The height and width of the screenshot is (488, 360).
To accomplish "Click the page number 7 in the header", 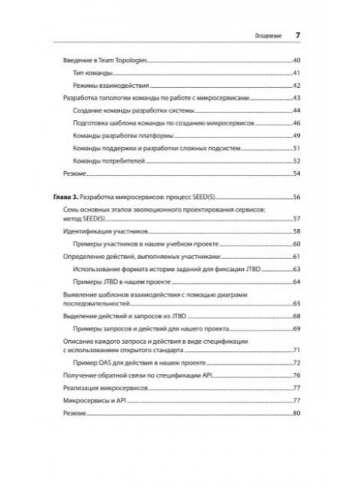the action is (x=298, y=35).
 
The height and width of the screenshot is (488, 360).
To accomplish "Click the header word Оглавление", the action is (x=265, y=35).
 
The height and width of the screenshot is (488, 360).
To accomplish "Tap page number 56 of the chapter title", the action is (x=297, y=196).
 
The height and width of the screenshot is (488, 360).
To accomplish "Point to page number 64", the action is (x=297, y=281).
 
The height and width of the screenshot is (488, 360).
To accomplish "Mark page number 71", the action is (x=297, y=351).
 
